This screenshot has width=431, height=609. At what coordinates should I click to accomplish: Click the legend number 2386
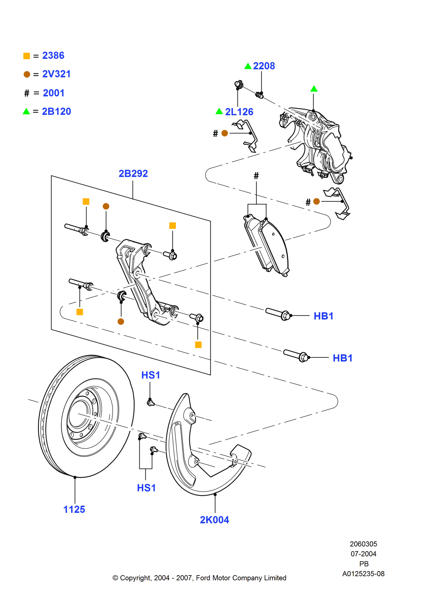click(53, 55)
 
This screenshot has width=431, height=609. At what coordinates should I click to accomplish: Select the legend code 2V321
click(56, 74)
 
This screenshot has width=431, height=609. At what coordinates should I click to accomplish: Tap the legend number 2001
click(53, 93)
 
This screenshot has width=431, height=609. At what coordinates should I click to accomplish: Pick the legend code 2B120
click(56, 111)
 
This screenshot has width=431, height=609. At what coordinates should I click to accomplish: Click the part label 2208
click(264, 66)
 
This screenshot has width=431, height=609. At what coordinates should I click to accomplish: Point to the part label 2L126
click(239, 111)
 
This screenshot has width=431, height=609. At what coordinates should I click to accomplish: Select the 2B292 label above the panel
click(133, 173)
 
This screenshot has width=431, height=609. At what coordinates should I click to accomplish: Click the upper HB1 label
click(323, 316)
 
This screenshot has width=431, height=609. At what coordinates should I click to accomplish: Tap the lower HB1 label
click(342, 358)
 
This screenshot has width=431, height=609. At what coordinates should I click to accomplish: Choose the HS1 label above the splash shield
click(151, 375)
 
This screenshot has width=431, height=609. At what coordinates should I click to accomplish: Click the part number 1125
click(74, 509)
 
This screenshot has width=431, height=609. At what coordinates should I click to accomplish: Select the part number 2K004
click(214, 519)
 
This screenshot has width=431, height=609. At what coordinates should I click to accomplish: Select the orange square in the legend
click(27, 56)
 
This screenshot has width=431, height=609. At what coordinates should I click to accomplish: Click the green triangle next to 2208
click(248, 66)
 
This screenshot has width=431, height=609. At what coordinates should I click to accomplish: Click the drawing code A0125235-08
click(363, 573)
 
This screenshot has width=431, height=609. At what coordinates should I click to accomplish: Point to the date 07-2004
click(363, 554)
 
